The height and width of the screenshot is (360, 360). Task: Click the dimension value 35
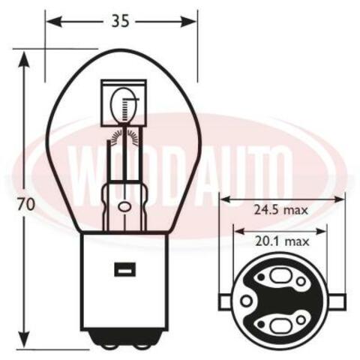pyautogui.click(x=120, y=21)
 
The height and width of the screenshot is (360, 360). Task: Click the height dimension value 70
pyautogui.click(x=25, y=205)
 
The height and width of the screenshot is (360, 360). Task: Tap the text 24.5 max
pyautogui.click(x=280, y=210)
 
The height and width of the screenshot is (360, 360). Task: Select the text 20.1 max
pyautogui.click(x=282, y=241)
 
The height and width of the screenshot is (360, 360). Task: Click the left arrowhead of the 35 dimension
pyautogui.click(x=54, y=22)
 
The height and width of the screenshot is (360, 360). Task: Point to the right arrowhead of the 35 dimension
pyautogui.click(x=189, y=22)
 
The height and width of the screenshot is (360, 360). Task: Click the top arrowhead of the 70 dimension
pyautogui.click(x=24, y=59)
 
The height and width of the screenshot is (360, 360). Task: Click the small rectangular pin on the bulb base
pyautogui.click(x=125, y=269)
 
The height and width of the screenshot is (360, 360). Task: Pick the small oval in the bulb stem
pyautogui.click(x=124, y=206)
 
